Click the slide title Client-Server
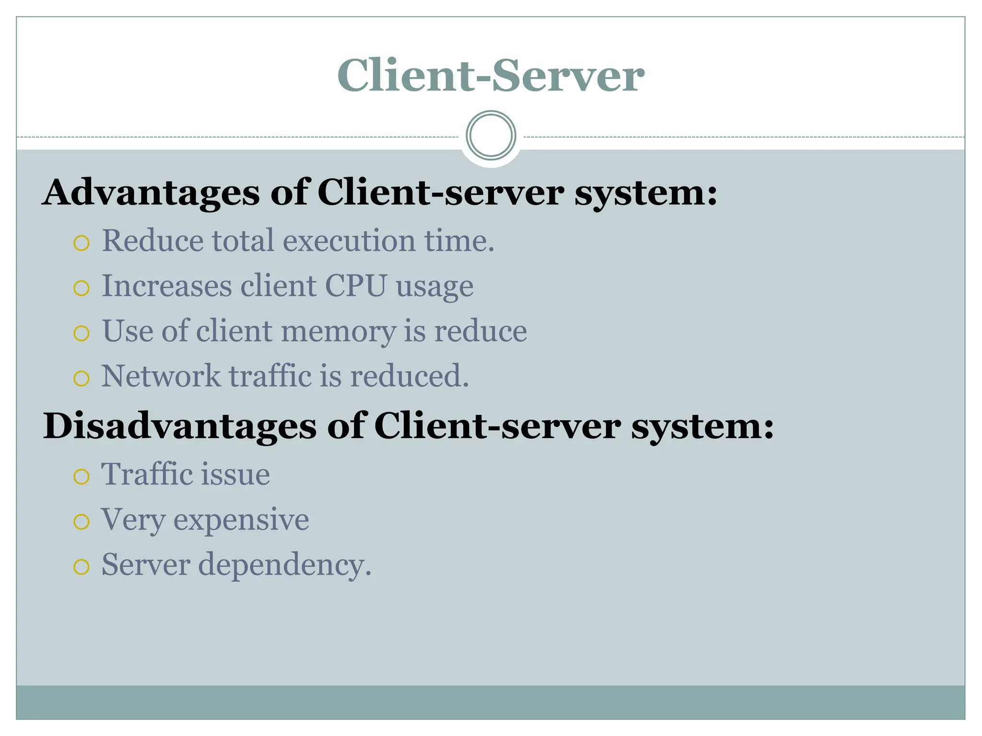(491, 75)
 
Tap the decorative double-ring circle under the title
(491, 136)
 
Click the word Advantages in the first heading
(151, 193)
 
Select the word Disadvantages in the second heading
(179, 426)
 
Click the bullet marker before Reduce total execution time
(82, 243)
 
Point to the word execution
(349, 241)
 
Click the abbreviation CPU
(355, 286)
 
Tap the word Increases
(166, 286)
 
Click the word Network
(161, 376)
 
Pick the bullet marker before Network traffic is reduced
(82, 379)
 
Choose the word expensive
(241, 519)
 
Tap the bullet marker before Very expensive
(82, 522)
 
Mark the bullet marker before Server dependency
(82, 567)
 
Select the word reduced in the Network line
(409, 376)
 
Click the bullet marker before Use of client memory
(82, 333)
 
